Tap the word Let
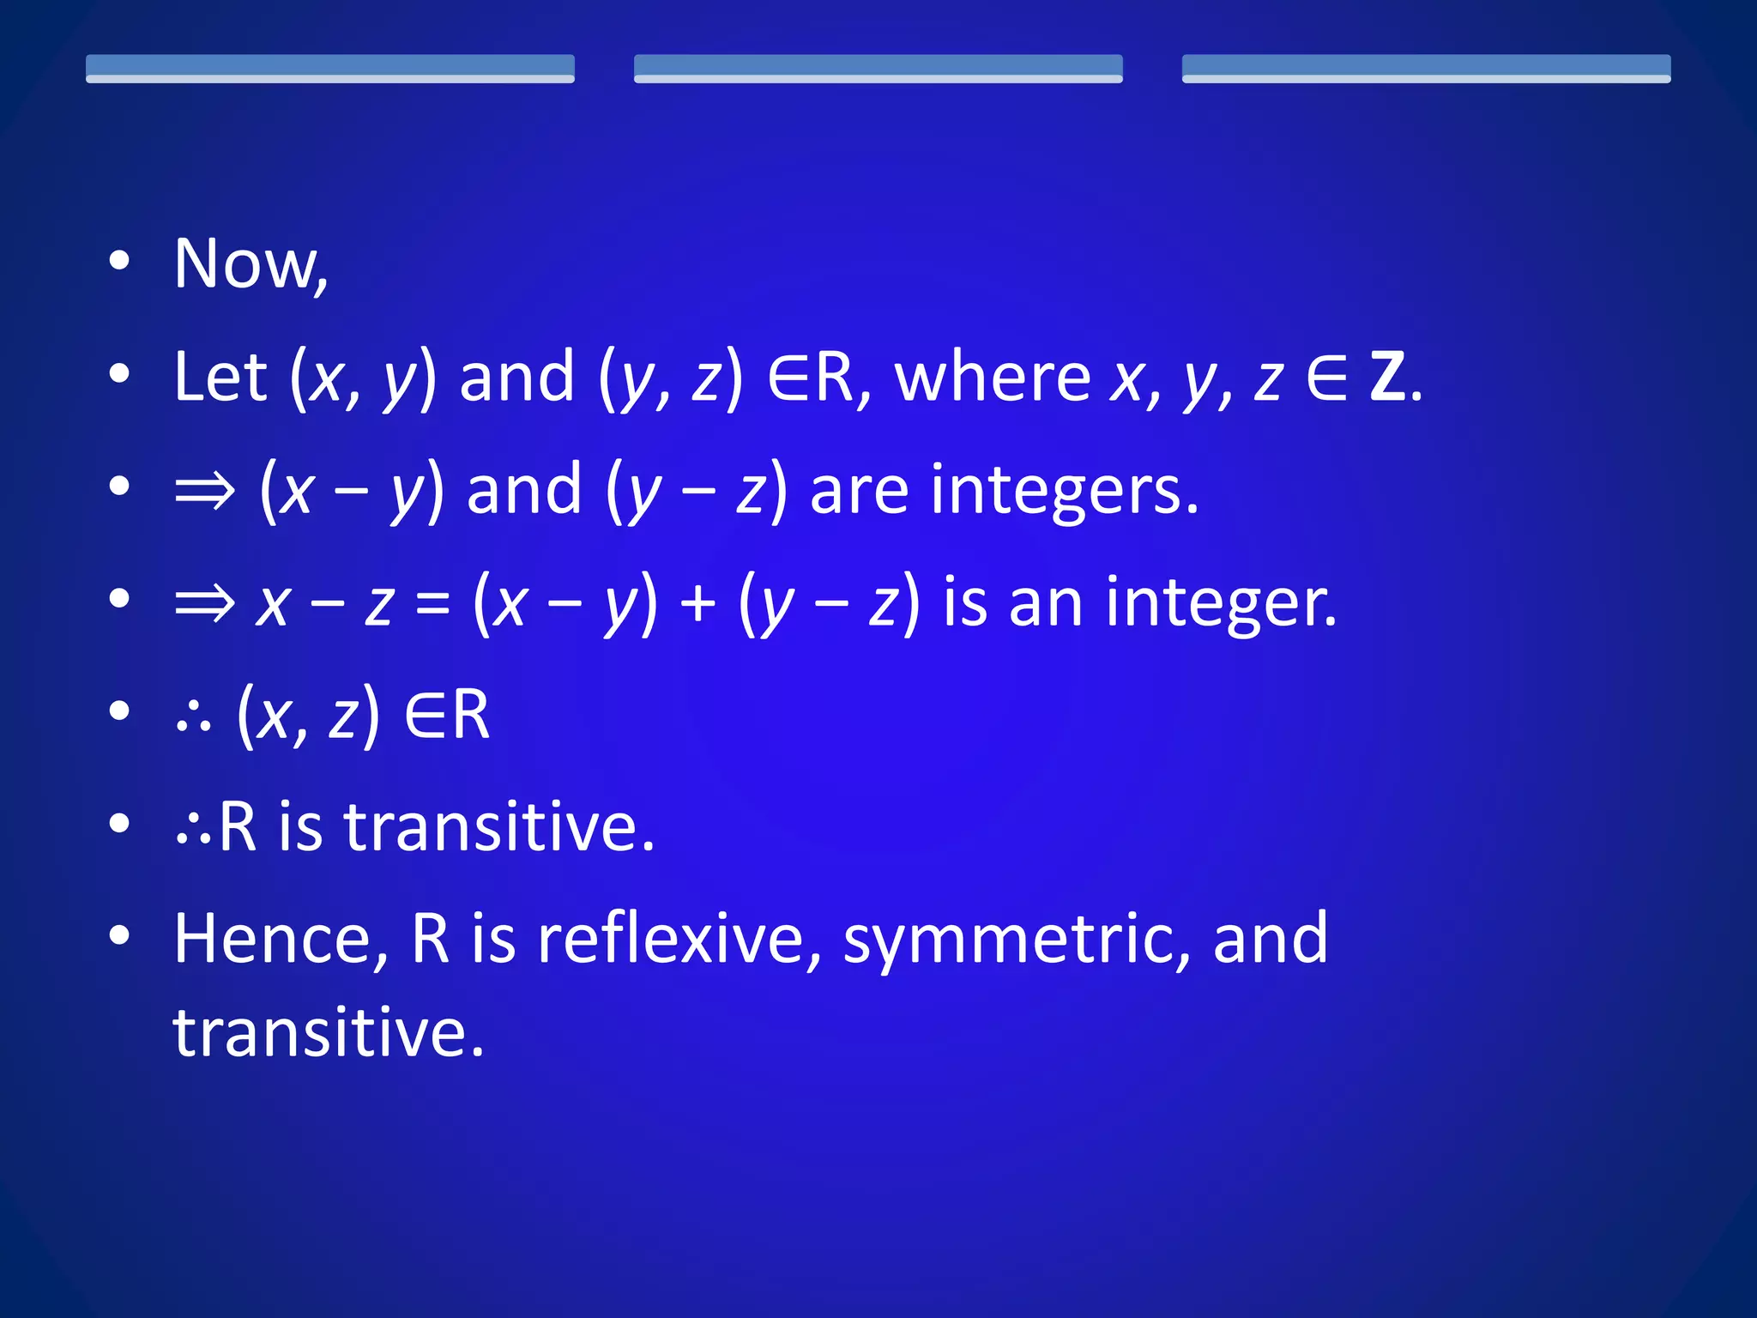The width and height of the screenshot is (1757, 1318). coord(220,377)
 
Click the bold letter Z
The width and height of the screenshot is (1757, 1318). coord(1387,377)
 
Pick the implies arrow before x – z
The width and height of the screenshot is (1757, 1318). coord(204,603)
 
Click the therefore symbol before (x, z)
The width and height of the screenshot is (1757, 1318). coord(193,716)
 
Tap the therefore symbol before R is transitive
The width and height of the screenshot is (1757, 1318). coord(193,830)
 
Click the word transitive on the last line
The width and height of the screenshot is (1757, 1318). coord(329,1032)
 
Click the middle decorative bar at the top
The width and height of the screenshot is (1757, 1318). coord(878,69)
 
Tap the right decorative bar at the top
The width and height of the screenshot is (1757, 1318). coord(1426,69)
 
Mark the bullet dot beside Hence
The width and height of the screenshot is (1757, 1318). coord(120,936)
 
